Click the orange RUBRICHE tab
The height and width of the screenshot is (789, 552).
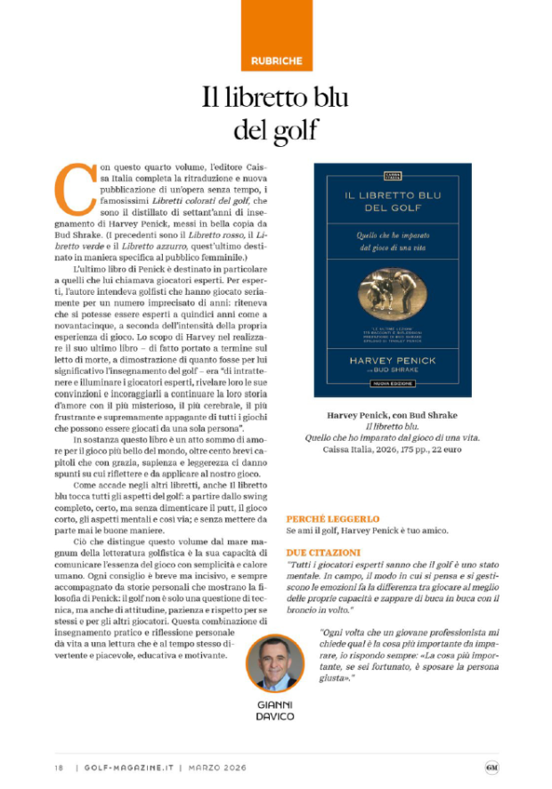[276, 61]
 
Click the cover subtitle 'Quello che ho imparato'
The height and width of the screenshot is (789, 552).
[393, 235]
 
